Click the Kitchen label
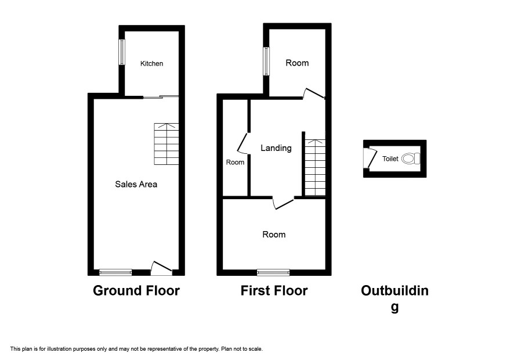pos(151,64)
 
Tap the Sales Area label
pos(136,185)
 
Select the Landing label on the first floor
pos(276,148)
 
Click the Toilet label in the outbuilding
pos(390,159)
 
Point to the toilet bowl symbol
pos(410,159)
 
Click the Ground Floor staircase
pos(166,144)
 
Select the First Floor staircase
pos(316,168)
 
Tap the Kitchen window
pos(122,52)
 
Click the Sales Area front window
pos(115,272)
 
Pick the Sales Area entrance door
pos(161,268)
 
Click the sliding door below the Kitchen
pos(161,97)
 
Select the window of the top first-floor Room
pos(266,62)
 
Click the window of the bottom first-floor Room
pos(273,272)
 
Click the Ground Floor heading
pos(136,291)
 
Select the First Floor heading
pos(274,291)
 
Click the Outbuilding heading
pos(394,298)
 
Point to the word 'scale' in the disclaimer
pos(256,349)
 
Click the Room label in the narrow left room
pos(235,163)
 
